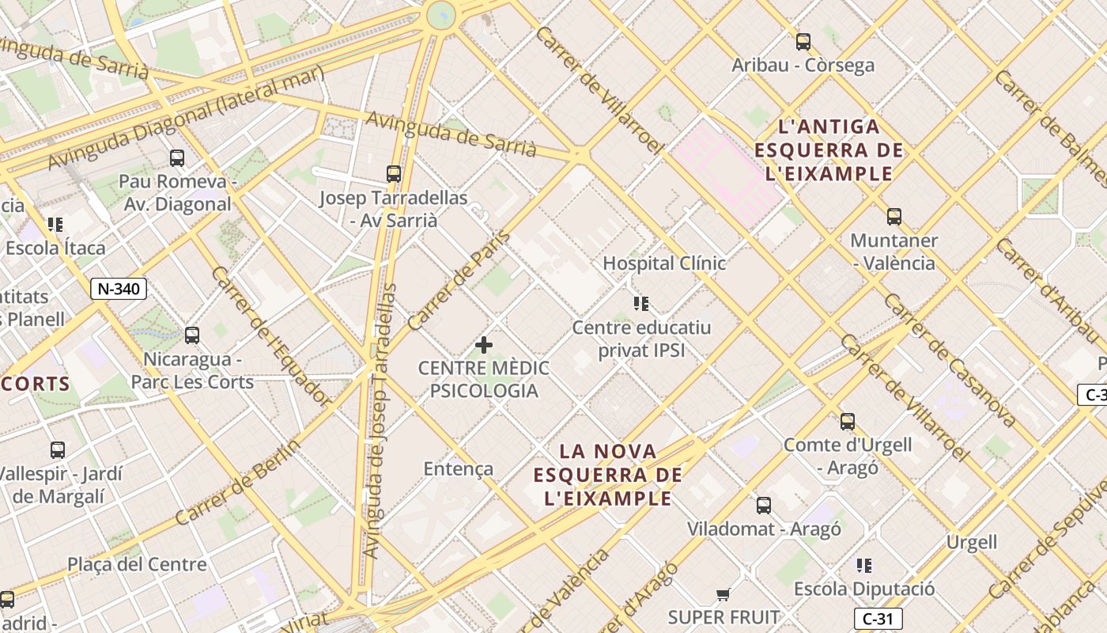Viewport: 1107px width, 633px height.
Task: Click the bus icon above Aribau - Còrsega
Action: (x=803, y=42)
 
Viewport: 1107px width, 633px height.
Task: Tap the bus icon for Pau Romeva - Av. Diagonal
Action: (x=177, y=158)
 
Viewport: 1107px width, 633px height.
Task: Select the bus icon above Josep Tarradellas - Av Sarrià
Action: (x=394, y=174)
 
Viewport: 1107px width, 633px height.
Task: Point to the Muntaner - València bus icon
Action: (x=894, y=217)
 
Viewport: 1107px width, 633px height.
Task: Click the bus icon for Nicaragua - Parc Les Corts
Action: (x=192, y=335)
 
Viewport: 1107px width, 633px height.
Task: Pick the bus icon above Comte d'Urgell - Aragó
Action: (x=848, y=422)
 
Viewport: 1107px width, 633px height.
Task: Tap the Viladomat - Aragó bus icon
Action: (x=764, y=506)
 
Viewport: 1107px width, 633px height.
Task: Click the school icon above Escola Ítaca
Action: (x=55, y=225)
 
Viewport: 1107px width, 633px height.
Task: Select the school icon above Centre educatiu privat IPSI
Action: (x=641, y=304)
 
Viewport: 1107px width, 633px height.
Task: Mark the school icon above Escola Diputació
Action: (x=864, y=566)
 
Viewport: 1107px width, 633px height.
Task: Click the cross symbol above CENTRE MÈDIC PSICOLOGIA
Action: (x=484, y=345)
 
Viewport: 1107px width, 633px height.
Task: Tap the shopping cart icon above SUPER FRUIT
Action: (x=723, y=594)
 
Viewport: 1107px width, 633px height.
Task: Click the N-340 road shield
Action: (x=119, y=289)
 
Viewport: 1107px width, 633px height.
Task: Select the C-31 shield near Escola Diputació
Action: (x=878, y=618)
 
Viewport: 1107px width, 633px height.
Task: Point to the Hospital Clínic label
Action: (x=664, y=263)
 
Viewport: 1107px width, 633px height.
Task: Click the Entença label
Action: (x=459, y=469)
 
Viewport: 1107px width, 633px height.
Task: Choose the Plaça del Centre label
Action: (x=137, y=565)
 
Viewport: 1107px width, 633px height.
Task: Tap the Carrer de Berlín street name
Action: (x=238, y=483)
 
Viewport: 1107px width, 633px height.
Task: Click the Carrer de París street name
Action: (x=459, y=281)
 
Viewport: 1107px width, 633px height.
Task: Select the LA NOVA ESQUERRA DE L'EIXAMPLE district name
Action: (x=607, y=475)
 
